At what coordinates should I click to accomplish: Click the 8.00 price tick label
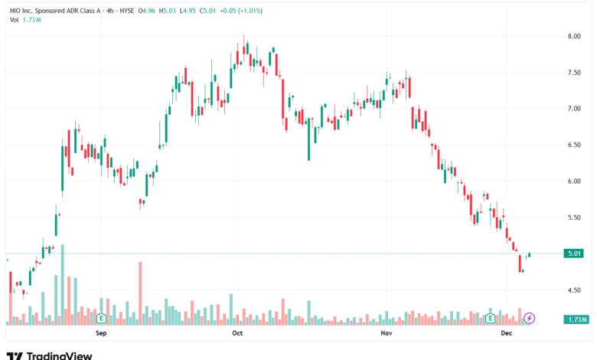pyautogui.click(x=576, y=36)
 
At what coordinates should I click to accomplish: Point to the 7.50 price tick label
pyautogui.click(x=576, y=73)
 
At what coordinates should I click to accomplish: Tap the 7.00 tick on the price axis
pyautogui.click(x=576, y=109)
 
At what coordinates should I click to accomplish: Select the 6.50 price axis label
pyautogui.click(x=576, y=145)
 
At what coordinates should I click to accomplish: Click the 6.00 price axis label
pyautogui.click(x=576, y=182)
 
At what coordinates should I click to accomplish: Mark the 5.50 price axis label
pyautogui.click(x=576, y=218)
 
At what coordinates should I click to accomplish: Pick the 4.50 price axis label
pyautogui.click(x=576, y=290)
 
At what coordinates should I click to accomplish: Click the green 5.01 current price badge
pyautogui.click(x=575, y=254)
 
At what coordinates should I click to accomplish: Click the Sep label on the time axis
pyautogui.click(x=100, y=334)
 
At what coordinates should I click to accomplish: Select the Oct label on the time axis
pyautogui.click(x=237, y=334)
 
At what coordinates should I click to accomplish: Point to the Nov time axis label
pyautogui.click(x=386, y=334)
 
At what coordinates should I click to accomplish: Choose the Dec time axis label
pyautogui.click(x=506, y=334)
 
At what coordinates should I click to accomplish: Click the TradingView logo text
pyautogui.click(x=60, y=355)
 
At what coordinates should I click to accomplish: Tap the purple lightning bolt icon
pyautogui.click(x=529, y=318)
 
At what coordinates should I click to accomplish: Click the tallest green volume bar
pyautogui.click(x=62, y=284)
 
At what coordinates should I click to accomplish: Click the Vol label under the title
pyautogui.click(x=15, y=20)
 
